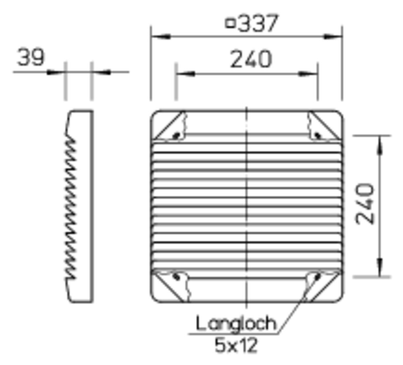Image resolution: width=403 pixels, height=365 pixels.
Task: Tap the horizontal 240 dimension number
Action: coord(251,59)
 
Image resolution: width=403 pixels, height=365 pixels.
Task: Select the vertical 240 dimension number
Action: coord(365,204)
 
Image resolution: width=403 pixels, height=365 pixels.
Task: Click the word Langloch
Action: coord(236,323)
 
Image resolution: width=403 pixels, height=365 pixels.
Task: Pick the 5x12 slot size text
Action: coord(236,345)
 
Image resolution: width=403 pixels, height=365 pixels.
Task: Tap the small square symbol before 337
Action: coord(230,23)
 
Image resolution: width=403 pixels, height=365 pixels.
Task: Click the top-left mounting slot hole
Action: coord(177,135)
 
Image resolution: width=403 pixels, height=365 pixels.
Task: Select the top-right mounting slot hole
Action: coord(318,135)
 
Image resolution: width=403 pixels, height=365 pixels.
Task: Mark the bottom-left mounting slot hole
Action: coord(177,277)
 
